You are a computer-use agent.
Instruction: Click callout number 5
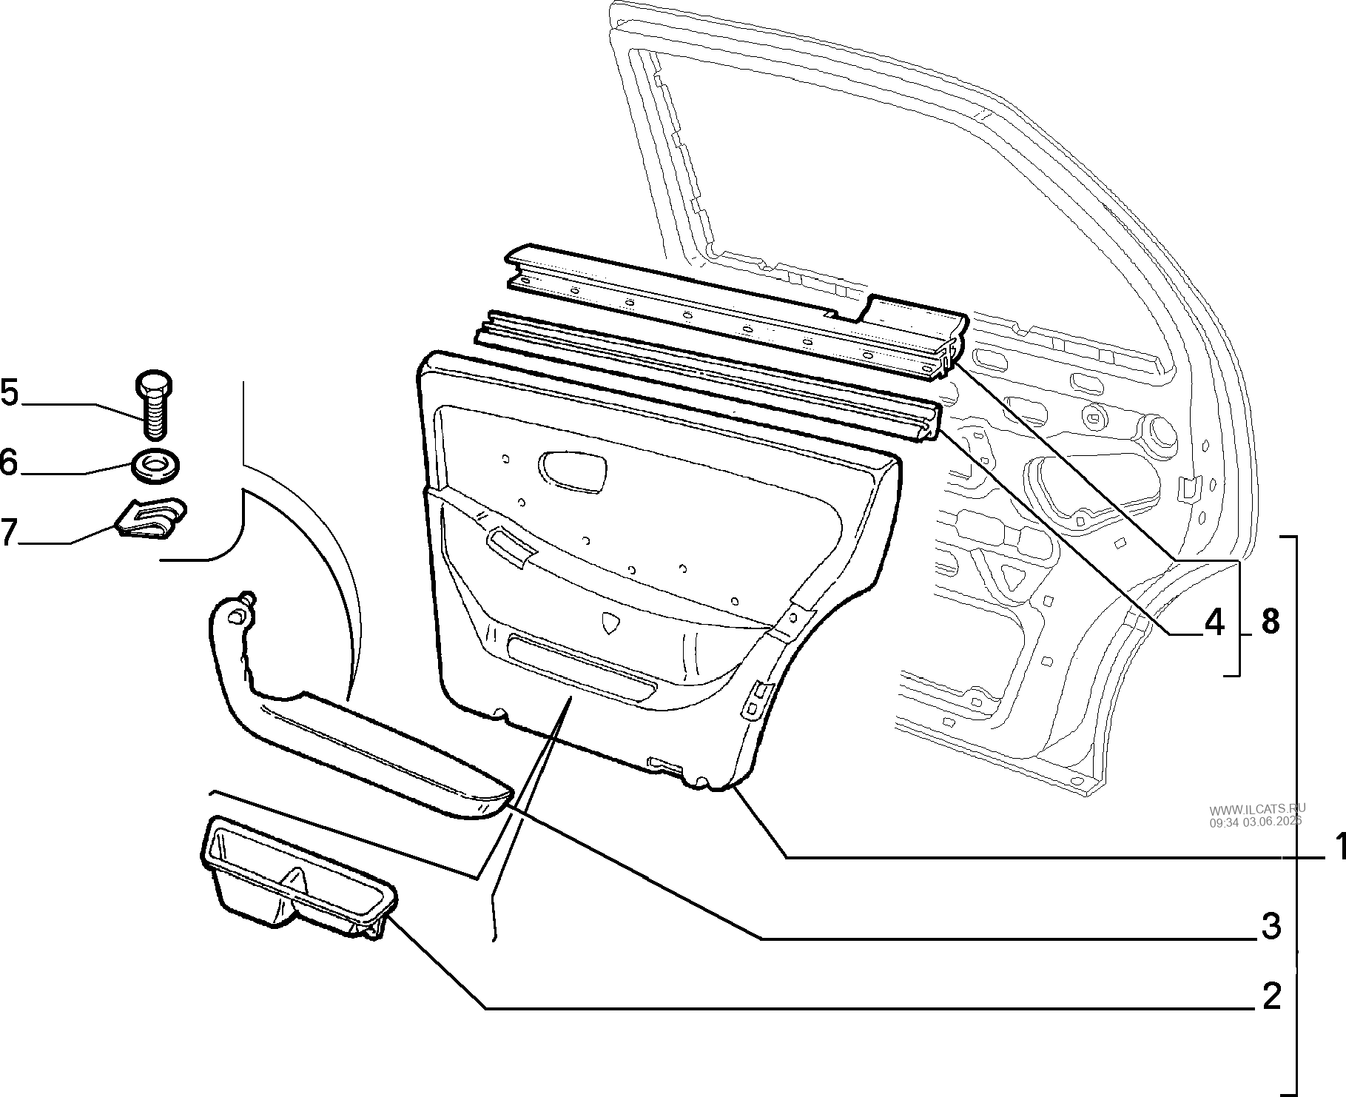[10, 392]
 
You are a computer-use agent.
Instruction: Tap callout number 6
[9, 463]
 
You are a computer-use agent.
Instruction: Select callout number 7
[9, 532]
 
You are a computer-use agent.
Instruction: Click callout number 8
[1270, 622]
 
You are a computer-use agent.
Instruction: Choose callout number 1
[1337, 846]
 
